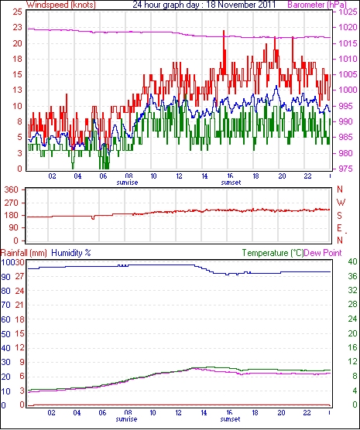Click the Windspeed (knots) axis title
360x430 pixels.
pyautogui.click(x=61, y=5)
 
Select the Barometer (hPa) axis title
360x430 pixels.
pyautogui.click(x=317, y=5)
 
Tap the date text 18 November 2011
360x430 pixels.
pyautogui.click(x=241, y=5)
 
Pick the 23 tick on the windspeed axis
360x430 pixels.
pyautogui.click(x=17, y=27)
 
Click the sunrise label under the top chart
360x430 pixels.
pyautogui.click(x=127, y=183)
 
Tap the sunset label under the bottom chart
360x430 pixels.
pyautogui.click(x=230, y=419)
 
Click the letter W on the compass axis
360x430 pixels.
pyautogui.click(x=341, y=203)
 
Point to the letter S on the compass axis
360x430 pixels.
pyautogui.click(x=340, y=216)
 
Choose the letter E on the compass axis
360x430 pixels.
pyautogui.click(x=340, y=228)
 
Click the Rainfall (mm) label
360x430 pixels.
pyautogui.click(x=24, y=253)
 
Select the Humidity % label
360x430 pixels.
pyautogui.click(x=71, y=253)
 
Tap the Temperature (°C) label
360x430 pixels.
pyautogui.click(x=273, y=253)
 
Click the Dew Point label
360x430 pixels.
pyautogui.click(x=323, y=253)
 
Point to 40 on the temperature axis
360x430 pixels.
pyautogui.click(x=352, y=261)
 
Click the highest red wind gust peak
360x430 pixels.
pyautogui.click(x=224, y=31)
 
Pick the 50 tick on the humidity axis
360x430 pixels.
pyautogui.click(x=5, y=334)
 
